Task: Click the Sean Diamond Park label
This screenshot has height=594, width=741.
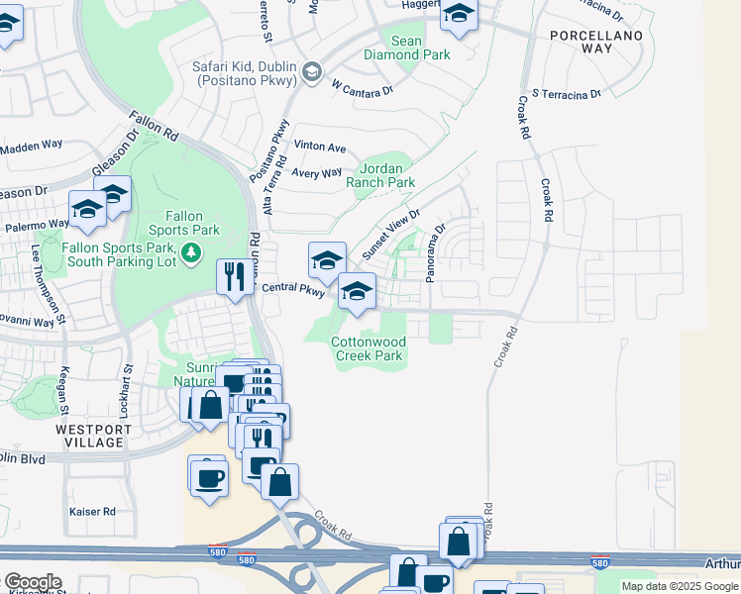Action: pos(420,48)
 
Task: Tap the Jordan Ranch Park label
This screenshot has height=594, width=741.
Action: pos(380,176)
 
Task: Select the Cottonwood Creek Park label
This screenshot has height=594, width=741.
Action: pos(368,348)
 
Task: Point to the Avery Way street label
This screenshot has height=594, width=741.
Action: pos(317,173)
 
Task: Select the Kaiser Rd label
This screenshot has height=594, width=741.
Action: pos(92,512)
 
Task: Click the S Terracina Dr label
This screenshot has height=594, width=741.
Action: pos(566,94)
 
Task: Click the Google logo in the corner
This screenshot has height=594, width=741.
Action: pos(32,582)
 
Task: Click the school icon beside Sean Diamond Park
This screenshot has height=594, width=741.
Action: pos(459,15)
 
